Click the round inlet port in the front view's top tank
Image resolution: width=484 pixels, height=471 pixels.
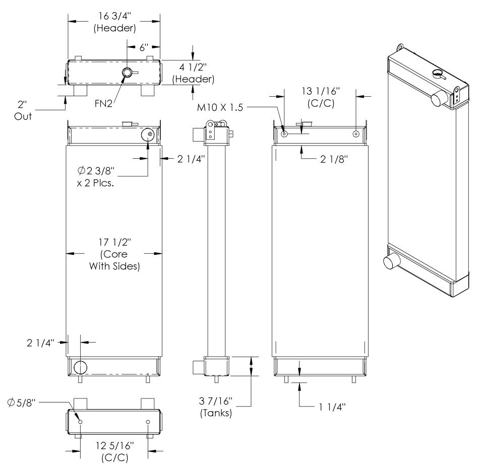tap(148, 134)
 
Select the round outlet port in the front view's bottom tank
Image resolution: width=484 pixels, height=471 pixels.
tap(80, 367)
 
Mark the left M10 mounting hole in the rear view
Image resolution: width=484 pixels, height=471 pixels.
tap(285, 134)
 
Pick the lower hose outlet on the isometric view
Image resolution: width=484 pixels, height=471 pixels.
tap(391, 262)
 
